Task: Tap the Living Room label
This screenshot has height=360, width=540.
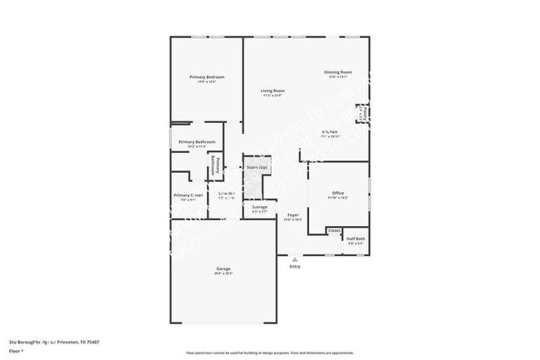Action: click(x=272, y=91)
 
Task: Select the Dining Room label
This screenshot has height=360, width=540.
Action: click(x=338, y=73)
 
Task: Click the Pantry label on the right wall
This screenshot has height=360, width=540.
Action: click(x=362, y=112)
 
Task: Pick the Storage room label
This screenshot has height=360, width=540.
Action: click(x=259, y=207)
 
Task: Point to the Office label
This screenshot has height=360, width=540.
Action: click(x=338, y=193)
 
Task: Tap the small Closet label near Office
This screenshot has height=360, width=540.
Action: click(x=334, y=230)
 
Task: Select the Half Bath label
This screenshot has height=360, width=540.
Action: click(x=356, y=239)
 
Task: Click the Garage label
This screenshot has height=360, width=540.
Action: click(x=223, y=269)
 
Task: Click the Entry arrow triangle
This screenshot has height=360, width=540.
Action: click(x=295, y=259)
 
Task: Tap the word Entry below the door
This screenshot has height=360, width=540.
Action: click(x=295, y=267)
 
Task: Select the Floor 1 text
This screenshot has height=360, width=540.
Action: click(x=17, y=351)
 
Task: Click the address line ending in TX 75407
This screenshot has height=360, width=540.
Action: click(x=62, y=341)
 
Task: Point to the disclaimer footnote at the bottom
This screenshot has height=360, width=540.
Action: click(x=269, y=353)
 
